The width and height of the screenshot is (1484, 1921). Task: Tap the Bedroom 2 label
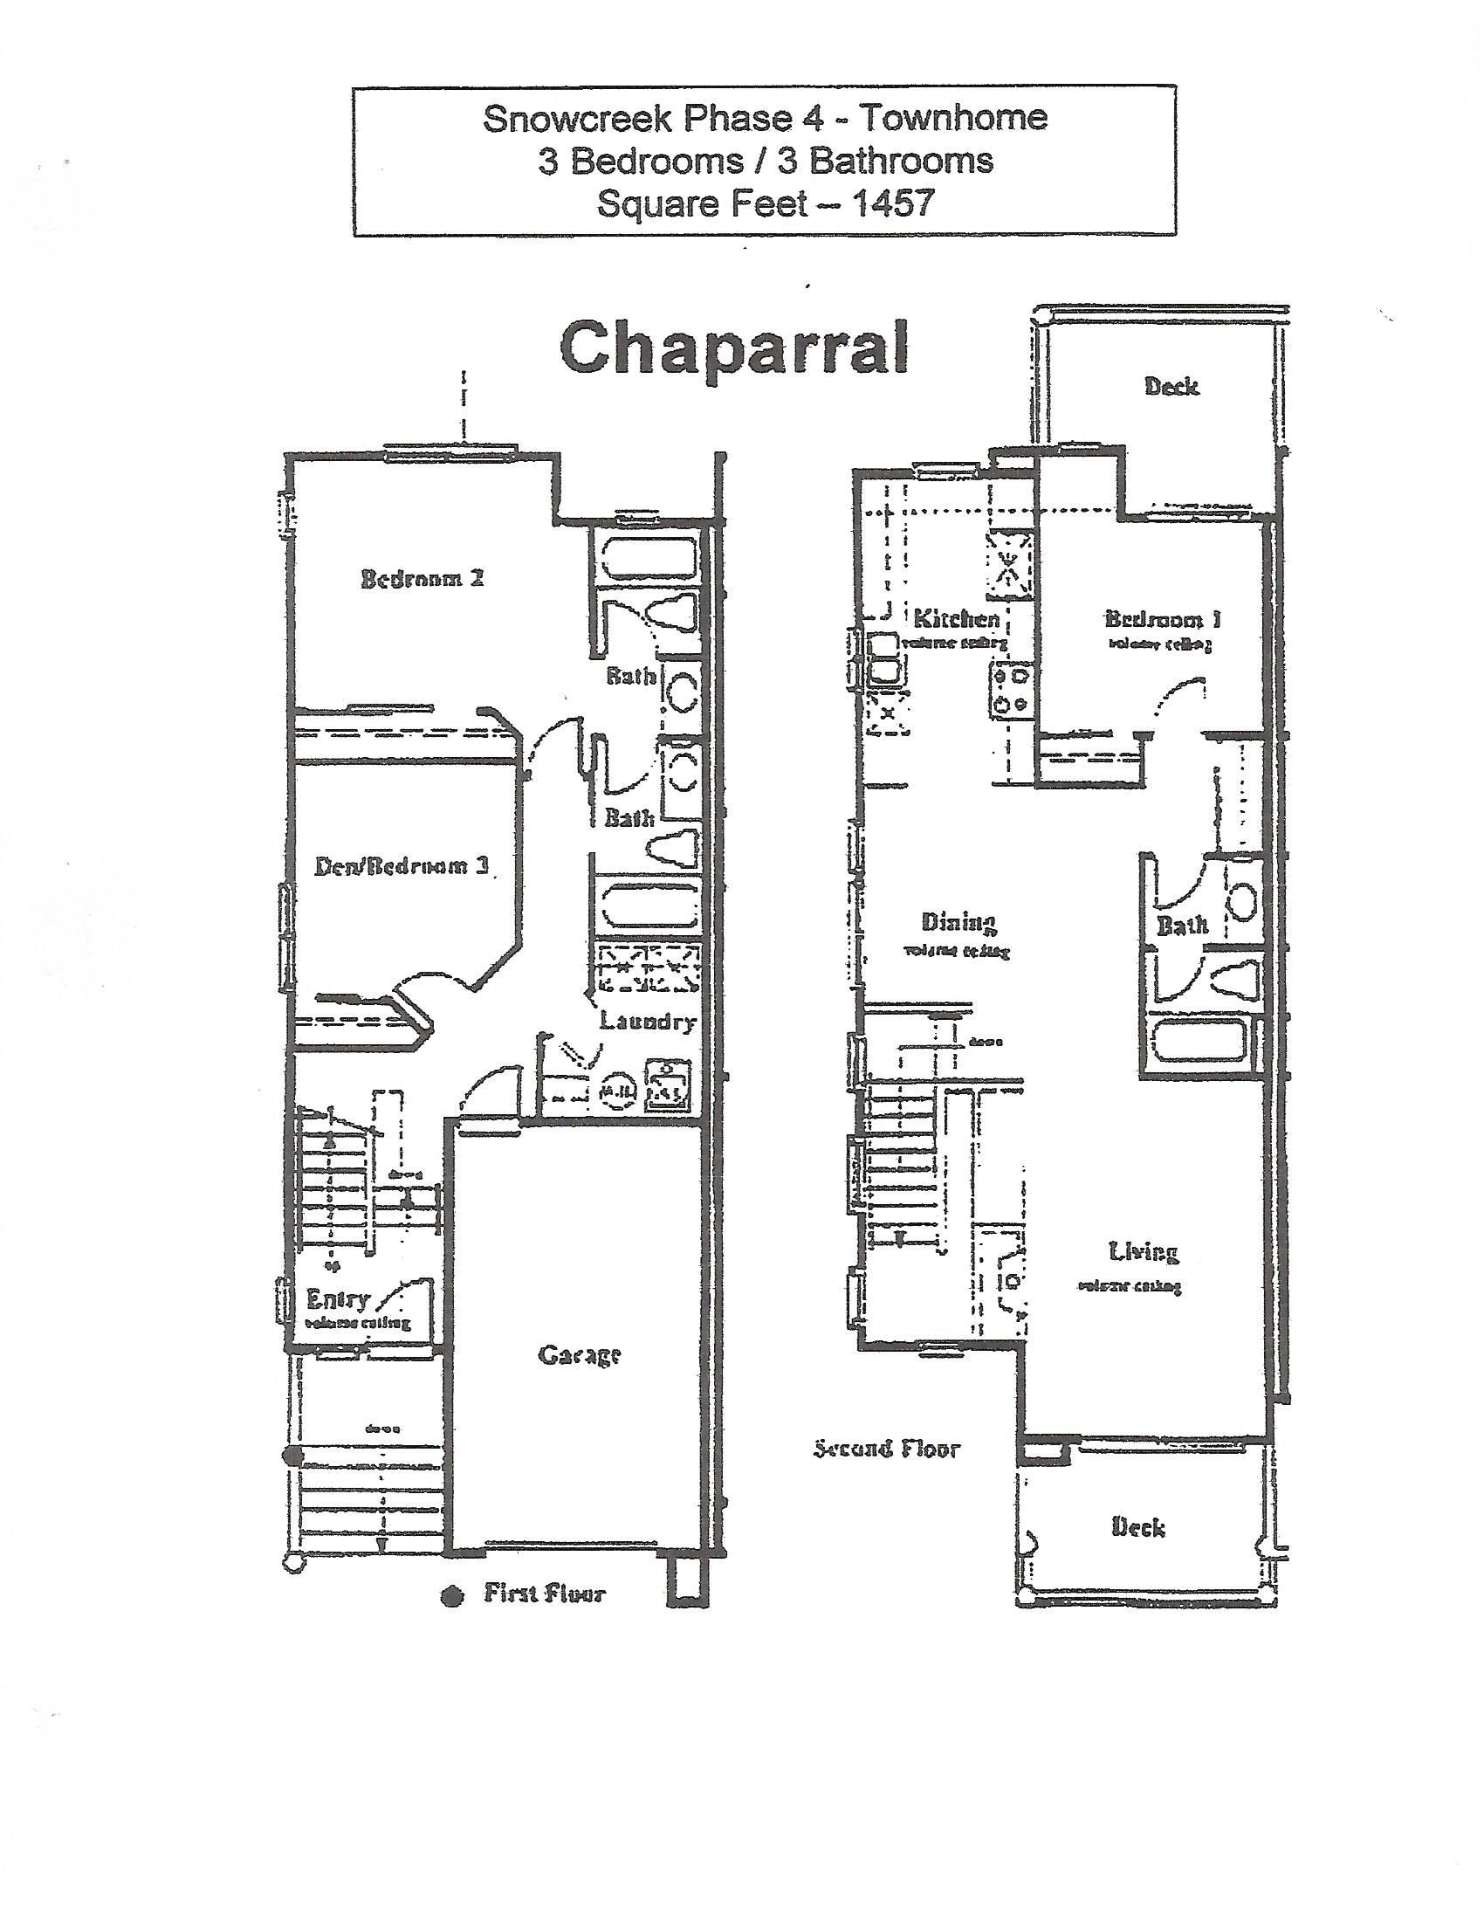[422, 579]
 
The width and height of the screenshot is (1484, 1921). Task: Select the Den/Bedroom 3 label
[402, 866]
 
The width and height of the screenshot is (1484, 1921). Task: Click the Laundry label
[648, 1022]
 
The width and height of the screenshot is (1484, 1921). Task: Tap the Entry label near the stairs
[339, 1299]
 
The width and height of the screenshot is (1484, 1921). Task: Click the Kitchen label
[957, 618]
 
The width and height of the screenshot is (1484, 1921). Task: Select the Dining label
[958, 922]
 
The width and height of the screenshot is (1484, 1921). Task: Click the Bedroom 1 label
[1162, 619]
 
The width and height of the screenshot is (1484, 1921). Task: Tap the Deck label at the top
[1171, 386]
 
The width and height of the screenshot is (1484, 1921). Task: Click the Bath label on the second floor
[1183, 926]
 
